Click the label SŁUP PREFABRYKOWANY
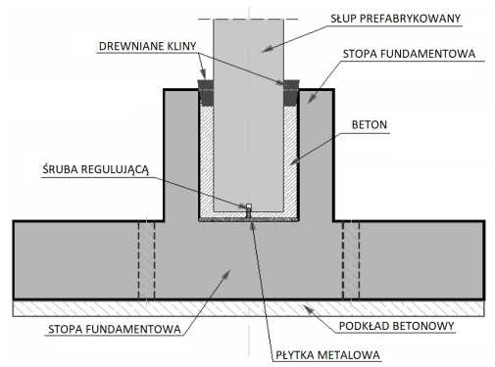click(395, 19)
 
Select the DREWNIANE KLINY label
click(147, 46)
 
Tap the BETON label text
click(370, 124)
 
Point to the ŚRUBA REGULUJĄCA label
click(96, 169)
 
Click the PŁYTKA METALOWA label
click(327, 355)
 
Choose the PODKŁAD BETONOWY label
click(396, 326)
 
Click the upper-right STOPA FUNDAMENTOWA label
click(409, 54)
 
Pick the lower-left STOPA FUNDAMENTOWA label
click(115, 329)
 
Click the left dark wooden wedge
click(206, 93)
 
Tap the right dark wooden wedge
click(291, 93)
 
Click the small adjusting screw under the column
click(248, 211)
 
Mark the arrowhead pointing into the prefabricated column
click(267, 49)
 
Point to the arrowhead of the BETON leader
click(294, 161)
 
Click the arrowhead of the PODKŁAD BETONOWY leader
click(307, 308)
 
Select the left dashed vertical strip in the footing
click(146, 260)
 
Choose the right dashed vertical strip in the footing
click(351, 260)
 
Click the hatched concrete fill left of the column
click(206, 160)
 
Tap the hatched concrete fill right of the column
click(290, 160)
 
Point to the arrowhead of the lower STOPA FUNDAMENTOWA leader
click(226, 274)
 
